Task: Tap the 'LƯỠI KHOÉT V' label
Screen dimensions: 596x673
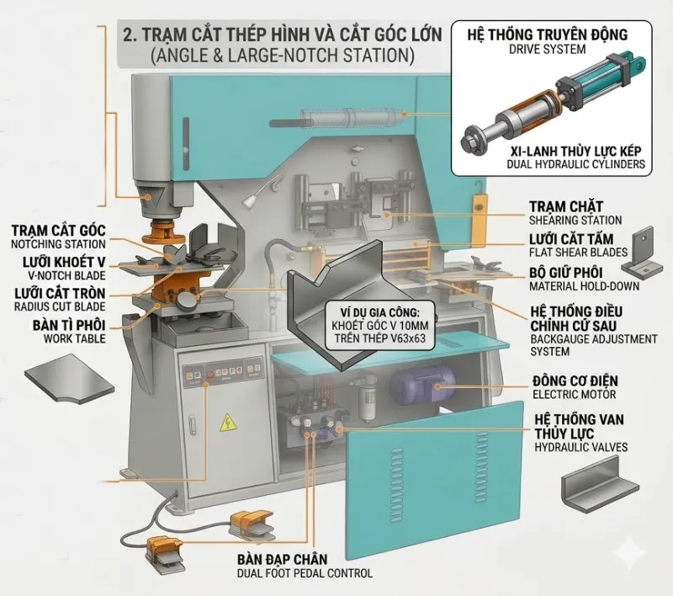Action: tap(58, 263)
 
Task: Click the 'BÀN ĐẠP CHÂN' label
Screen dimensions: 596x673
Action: tap(281, 560)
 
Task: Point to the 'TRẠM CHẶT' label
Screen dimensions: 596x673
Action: tap(565, 206)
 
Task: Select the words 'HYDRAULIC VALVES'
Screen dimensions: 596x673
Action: tap(580, 448)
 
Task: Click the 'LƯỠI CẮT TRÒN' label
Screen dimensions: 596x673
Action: tap(59, 294)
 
